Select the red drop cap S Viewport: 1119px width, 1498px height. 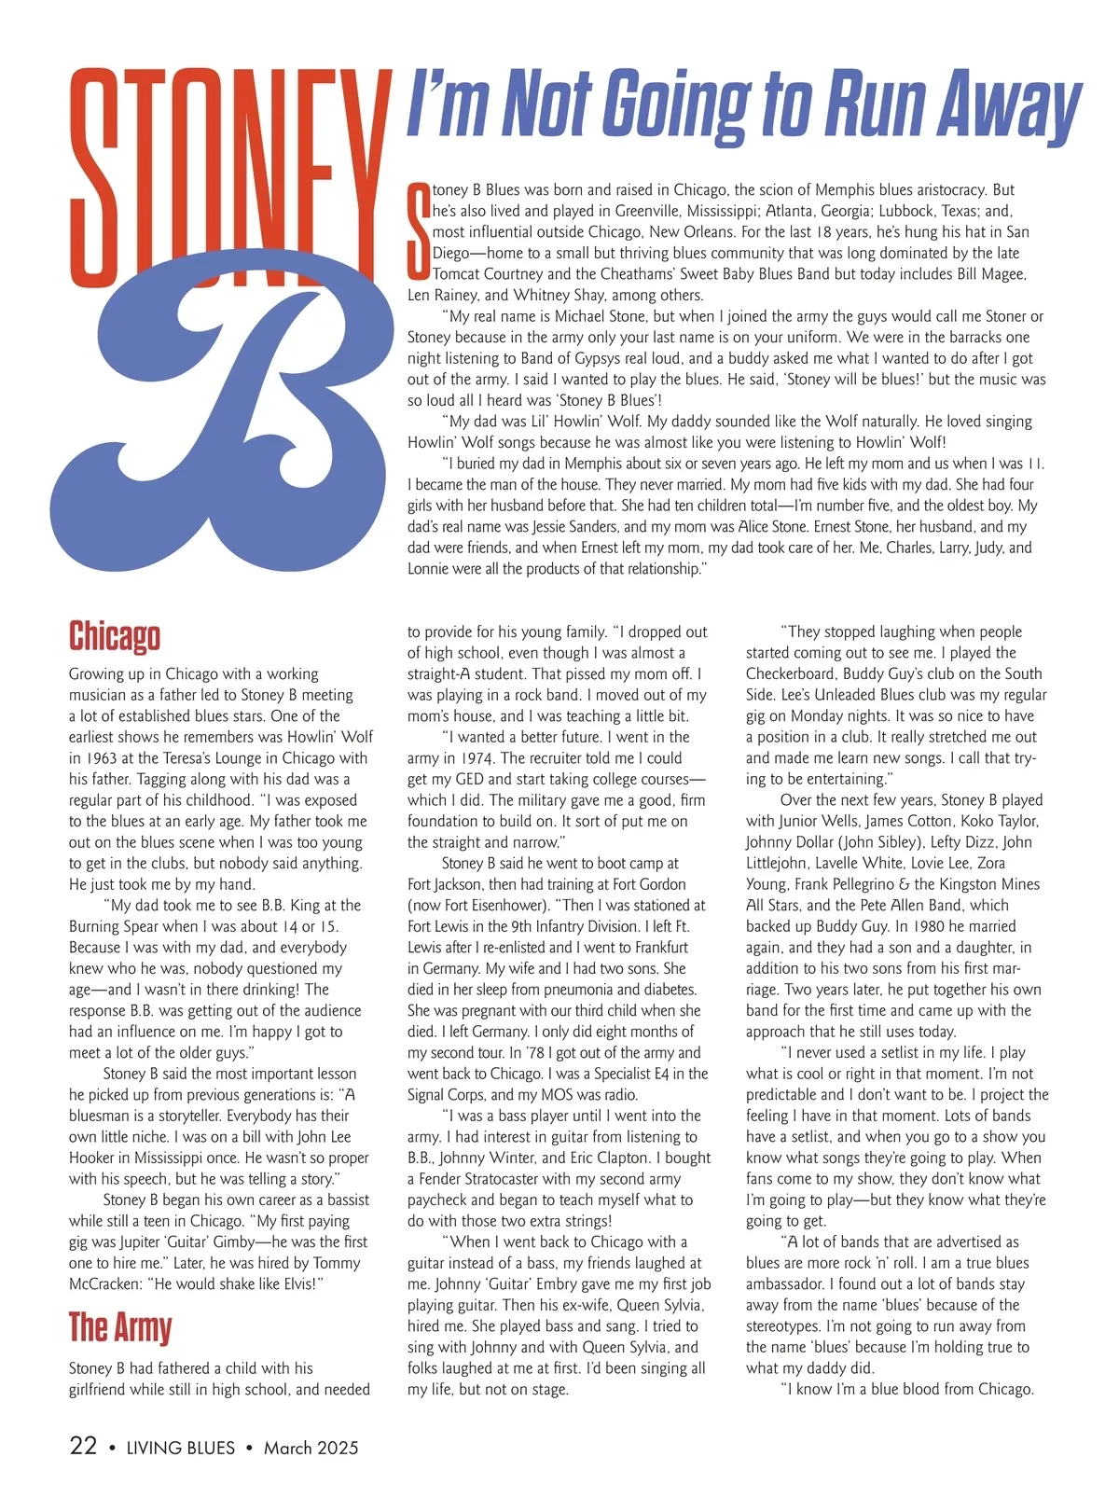tap(419, 230)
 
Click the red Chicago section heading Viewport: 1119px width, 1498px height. tap(115, 637)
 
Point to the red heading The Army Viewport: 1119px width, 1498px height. tap(120, 1327)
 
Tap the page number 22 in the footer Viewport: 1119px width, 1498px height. tap(83, 1446)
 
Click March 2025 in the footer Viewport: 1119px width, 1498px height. tap(311, 1448)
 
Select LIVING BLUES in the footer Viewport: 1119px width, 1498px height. tap(181, 1448)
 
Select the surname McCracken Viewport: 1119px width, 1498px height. tap(109, 1284)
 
